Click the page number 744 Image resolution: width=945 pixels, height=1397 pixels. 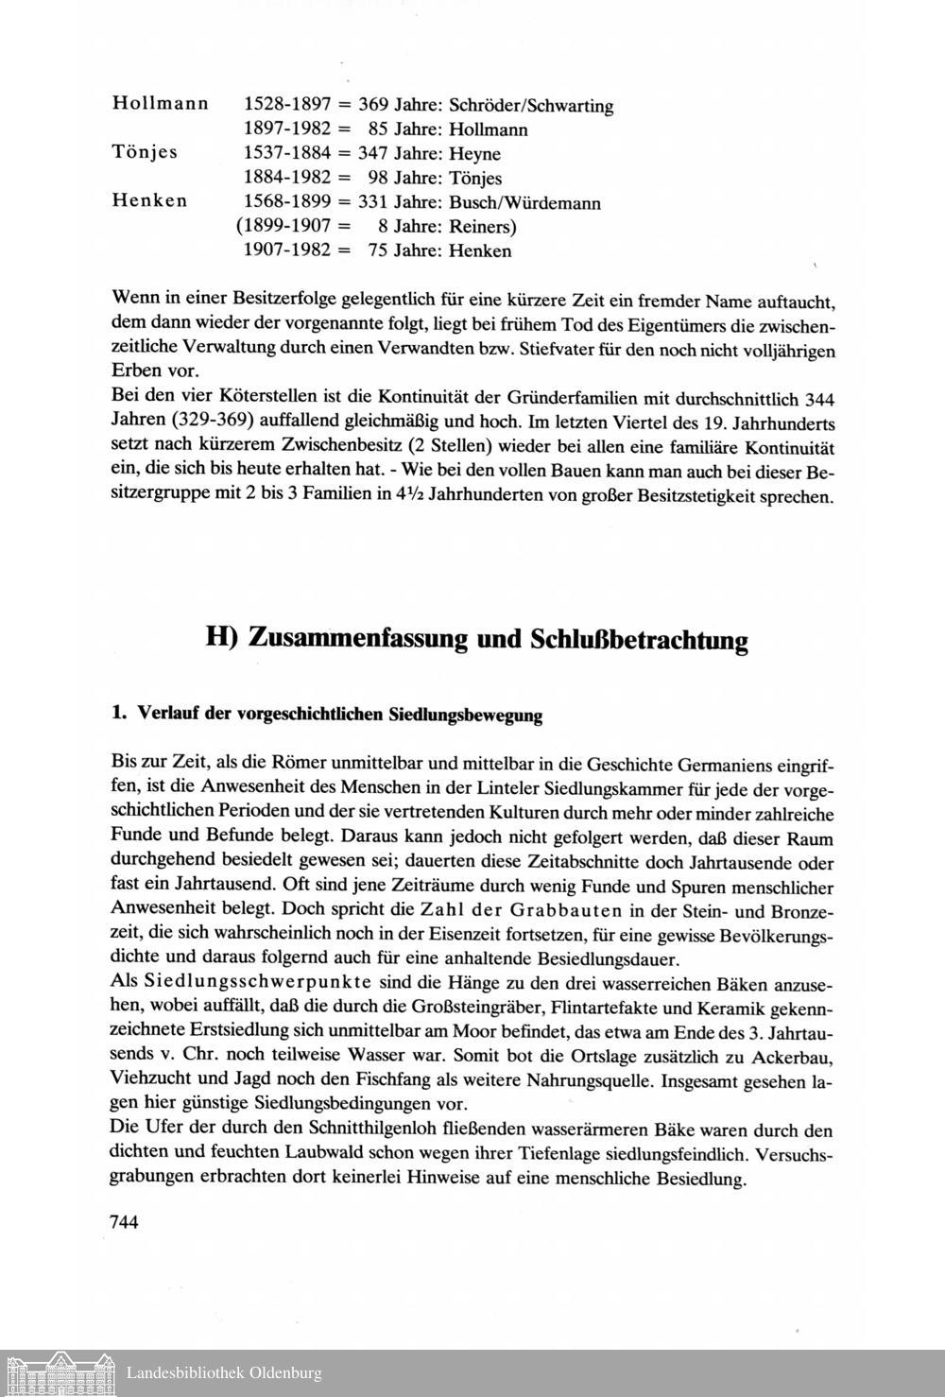(x=125, y=1222)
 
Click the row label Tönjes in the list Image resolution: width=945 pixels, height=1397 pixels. (x=145, y=153)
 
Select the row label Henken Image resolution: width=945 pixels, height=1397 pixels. (x=149, y=201)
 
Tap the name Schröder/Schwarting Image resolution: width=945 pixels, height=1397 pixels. (x=531, y=105)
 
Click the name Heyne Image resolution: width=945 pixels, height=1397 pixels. (x=474, y=153)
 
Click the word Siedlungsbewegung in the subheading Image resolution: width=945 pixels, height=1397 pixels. (x=466, y=715)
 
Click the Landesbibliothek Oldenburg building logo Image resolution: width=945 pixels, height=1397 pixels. (x=59, y=1372)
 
